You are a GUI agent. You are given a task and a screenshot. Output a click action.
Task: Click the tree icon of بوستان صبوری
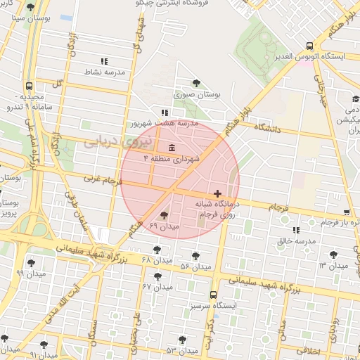point(196,83)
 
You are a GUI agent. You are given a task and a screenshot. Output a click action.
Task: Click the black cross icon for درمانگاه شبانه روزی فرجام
point(217,193)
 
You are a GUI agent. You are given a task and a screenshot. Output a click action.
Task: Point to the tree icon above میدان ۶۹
point(165,215)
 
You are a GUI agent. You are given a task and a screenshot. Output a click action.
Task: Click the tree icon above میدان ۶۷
point(157,276)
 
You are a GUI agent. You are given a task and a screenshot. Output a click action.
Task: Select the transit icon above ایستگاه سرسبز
point(214,296)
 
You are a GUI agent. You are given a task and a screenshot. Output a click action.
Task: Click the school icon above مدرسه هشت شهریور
point(165,112)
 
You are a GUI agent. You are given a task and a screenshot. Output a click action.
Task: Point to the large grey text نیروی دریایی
point(112,141)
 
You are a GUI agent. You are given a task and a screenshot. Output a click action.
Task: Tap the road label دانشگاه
point(266,129)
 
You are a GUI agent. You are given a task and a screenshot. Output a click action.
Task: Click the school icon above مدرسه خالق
point(295,230)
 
